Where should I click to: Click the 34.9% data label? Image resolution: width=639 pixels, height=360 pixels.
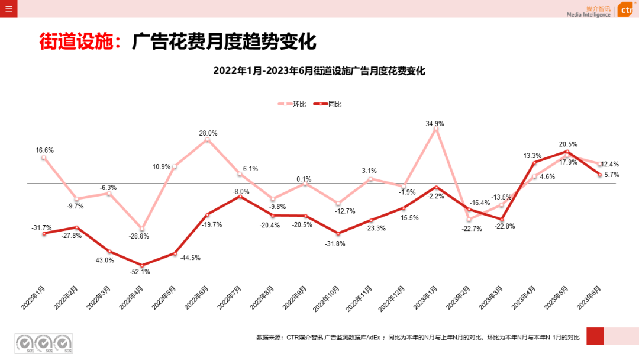(435, 124)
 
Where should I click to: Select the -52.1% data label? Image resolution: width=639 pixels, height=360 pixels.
(141, 272)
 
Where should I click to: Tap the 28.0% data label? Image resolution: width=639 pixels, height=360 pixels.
(208, 133)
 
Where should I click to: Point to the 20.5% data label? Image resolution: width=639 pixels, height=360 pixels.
(568, 144)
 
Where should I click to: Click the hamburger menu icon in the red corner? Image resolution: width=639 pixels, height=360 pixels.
(8, 8)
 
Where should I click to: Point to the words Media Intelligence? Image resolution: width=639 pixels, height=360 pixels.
(588, 15)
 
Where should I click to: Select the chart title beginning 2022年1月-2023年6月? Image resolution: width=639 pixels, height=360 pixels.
(319, 71)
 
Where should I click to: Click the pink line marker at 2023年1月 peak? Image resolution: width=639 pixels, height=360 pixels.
(436, 129)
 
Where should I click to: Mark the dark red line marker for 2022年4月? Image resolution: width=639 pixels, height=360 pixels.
(142, 265)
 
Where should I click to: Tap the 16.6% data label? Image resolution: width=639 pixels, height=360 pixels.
(44, 150)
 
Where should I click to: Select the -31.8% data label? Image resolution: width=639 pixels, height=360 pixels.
(336, 243)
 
